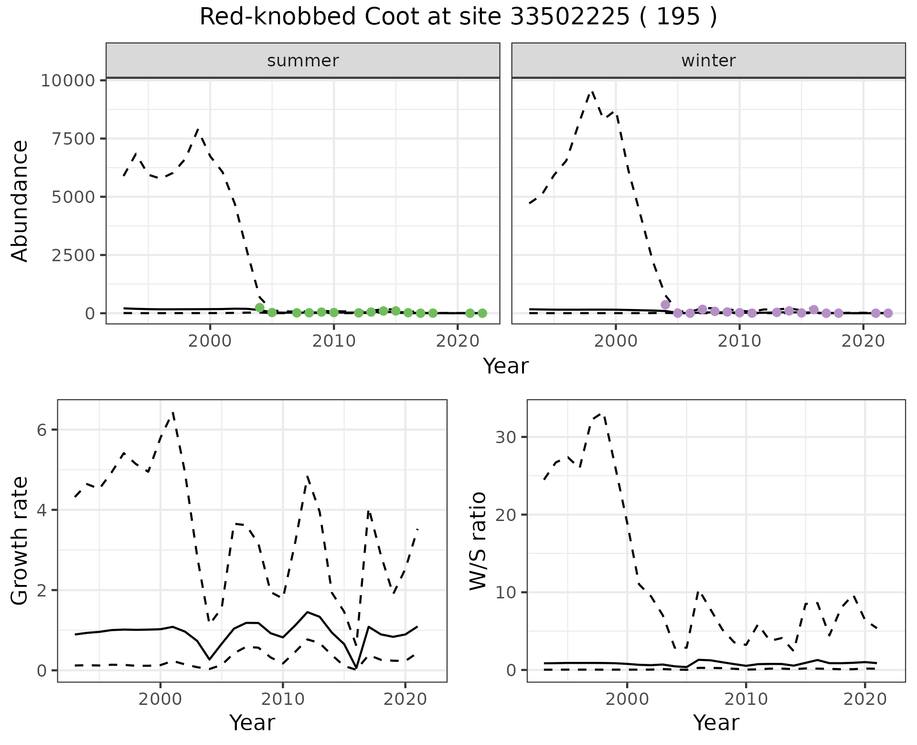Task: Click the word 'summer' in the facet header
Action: pos(303,61)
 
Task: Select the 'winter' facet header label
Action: pos(708,61)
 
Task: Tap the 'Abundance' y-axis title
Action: pos(20,201)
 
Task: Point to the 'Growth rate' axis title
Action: pos(20,542)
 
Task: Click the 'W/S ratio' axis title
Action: pos(478,542)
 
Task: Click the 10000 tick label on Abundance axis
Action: pos(68,80)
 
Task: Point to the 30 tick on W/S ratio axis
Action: pos(505,437)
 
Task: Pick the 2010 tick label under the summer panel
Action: pos(334,341)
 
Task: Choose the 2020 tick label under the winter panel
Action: pos(863,341)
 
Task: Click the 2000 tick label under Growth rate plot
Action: pos(160,700)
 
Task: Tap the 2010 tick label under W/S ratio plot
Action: pos(746,700)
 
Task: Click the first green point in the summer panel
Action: pos(260,308)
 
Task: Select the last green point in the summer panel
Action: pos(482,313)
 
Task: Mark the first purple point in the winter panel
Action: pos(665,305)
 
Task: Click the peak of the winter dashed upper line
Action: pos(592,91)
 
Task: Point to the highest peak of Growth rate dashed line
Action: pos(173,412)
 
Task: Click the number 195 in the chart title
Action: pos(679,17)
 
